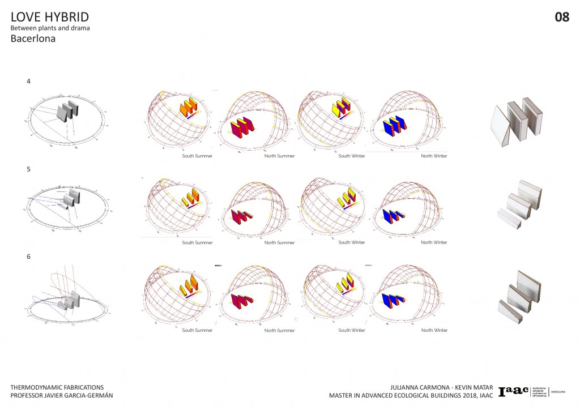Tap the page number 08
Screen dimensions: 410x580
562,18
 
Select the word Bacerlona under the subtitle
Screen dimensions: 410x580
33,40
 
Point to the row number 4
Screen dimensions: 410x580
29,82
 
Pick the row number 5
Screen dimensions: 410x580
29,169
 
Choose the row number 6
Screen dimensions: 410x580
29,257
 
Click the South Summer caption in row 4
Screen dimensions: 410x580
197,155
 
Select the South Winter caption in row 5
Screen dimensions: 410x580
352,242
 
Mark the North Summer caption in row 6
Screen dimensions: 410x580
279,330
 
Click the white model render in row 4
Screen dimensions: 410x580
518,122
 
